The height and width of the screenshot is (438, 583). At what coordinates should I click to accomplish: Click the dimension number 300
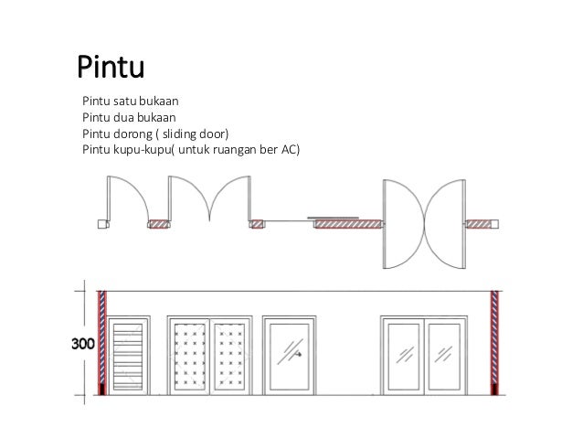point(83,345)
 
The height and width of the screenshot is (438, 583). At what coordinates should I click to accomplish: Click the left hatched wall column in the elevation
point(102,340)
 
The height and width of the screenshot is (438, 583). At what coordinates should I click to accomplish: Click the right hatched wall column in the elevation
point(496,340)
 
